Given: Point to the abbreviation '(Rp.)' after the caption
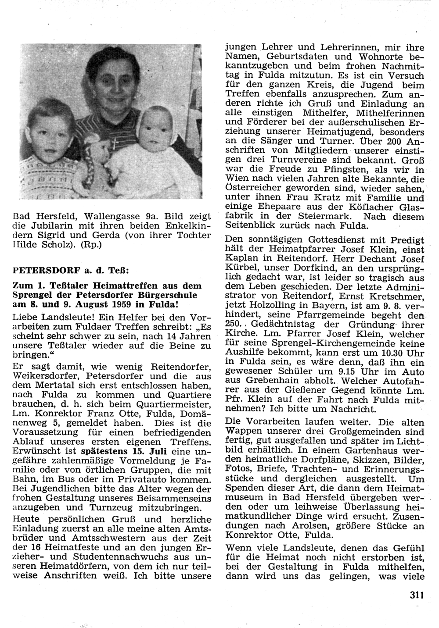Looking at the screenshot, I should pos(91,245).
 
